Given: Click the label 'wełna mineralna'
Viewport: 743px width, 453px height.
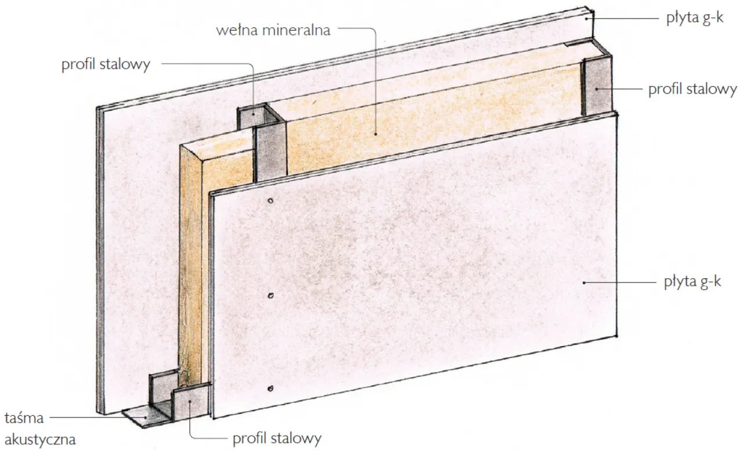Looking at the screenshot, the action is coord(273,31).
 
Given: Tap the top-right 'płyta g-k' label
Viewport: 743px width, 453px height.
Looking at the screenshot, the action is coord(695,18).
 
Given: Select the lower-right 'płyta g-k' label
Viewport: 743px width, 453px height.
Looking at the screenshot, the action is coord(692,282).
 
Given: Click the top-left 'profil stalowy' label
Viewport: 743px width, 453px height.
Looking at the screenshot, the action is coord(106,64).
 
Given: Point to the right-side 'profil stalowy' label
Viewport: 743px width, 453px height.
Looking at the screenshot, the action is coord(692,89).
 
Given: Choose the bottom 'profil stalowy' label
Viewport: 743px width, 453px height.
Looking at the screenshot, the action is coord(277,438).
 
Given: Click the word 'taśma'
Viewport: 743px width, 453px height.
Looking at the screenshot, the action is coord(24,418).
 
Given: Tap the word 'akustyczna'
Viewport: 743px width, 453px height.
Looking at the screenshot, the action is coord(40,440).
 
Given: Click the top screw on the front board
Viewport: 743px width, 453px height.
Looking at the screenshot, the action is coord(270,201).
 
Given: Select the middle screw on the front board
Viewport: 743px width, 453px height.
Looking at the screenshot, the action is coord(270,296).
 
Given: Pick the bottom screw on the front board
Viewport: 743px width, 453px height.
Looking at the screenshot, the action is coord(270,389).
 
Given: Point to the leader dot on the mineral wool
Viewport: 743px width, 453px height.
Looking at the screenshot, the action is coord(376,134).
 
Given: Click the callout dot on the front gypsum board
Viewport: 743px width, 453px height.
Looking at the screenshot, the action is coord(584,283).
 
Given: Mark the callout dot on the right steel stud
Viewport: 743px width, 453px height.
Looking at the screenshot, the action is coord(596,89).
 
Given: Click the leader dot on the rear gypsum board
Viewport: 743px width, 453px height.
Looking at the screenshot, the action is coord(586,19).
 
